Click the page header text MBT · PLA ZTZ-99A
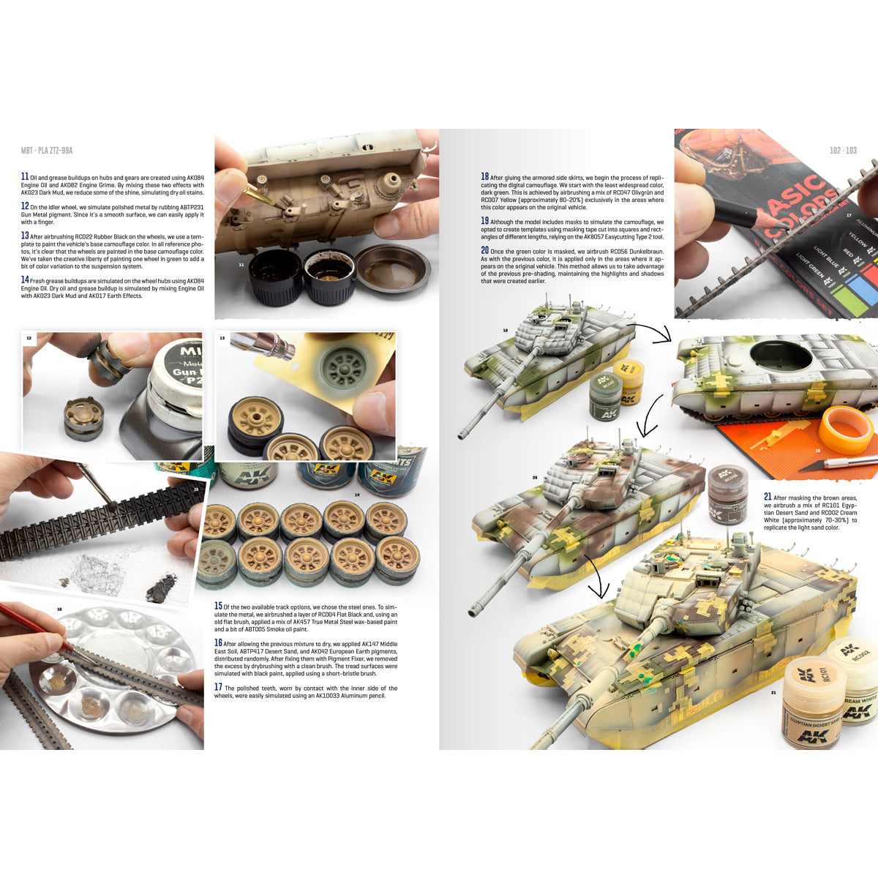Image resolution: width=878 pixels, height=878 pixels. click(x=47, y=151)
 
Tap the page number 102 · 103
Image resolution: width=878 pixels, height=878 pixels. click(x=842, y=151)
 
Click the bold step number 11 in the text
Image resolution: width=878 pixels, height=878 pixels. click(x=25, y=177)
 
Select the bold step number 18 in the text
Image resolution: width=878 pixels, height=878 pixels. click(x=484, y=177)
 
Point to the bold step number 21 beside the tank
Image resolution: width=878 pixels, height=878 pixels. click(x=768, y=498)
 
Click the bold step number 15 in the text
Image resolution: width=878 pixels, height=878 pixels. click(x=218, y=607)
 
